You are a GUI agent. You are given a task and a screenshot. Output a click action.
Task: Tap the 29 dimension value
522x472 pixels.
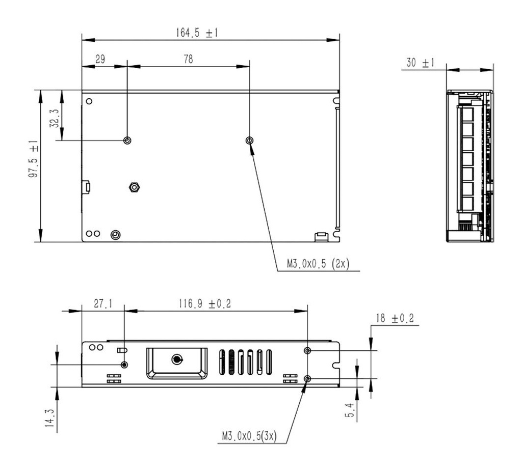(x=100, y=59)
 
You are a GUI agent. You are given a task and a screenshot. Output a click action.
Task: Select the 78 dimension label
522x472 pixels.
(x=188, y=59)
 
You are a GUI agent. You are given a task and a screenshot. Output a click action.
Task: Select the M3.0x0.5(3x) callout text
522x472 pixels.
(x=249, y=436)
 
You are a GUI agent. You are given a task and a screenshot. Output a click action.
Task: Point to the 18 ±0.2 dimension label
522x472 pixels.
(x=395, y=319)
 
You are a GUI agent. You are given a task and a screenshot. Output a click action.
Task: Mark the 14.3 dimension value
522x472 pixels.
(x=49, y=419)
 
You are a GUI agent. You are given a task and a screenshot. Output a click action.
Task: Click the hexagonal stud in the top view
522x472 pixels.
(x=134, y=187)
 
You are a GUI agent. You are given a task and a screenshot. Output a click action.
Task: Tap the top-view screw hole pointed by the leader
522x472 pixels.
(x=249, y=140)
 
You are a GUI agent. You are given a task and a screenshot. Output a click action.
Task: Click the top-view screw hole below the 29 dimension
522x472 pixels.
(x=127, y=140)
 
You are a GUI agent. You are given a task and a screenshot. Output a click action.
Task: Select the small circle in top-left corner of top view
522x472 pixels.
(x=89, y=101)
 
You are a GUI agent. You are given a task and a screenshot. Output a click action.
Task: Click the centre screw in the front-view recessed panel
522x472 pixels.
(x=176, y=360)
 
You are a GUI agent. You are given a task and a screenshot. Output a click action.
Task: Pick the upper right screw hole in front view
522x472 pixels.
(x=307, y=350)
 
